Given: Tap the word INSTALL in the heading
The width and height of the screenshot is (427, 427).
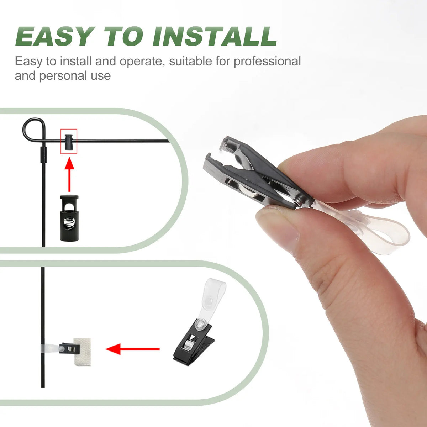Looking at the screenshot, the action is click(215, 36).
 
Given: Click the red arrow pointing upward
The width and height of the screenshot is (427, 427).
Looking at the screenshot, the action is click(69, 175).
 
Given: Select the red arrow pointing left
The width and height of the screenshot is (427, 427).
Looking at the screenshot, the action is click(132, 349).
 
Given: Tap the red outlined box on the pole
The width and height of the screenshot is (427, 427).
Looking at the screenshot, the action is click(69, 141).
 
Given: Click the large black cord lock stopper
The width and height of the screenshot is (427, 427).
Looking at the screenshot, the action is click(69, 218).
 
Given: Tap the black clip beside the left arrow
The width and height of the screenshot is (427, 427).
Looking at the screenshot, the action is click(194, 341).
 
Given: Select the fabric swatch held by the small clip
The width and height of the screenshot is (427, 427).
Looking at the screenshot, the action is click(82, 352).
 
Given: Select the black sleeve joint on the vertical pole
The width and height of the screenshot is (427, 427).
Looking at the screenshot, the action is click(43, 155).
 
